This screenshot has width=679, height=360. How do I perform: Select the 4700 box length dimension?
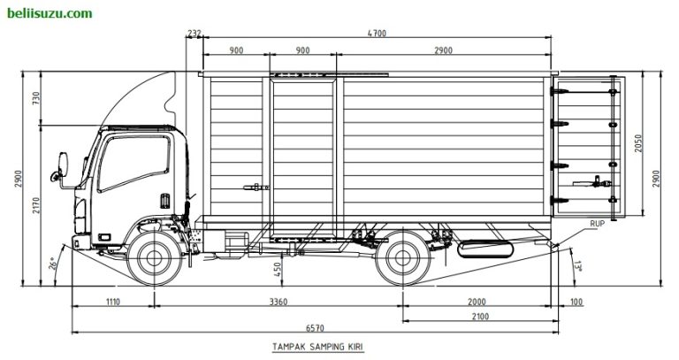pyautogui.click(x=378, y=34)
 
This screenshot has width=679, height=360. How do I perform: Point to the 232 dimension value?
pyautogui.click(x=195, y=34)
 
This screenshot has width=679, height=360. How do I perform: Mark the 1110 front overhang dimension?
pyautogui.click(x=111, y=302)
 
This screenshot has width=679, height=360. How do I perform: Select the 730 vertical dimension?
pyautogui.click(x=36, y=98)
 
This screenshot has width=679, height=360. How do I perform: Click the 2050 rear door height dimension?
pyautogui.click(x=638, y=145)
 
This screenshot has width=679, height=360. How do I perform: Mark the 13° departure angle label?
pyautogui.click(x=576, y=264)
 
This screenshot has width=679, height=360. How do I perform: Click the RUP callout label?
pyautogui.click(x=598, y=224)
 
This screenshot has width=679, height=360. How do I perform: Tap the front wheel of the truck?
pyautogui.click(x=155, y=258)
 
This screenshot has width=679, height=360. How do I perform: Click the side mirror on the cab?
pyautogui.click(x=63, y=167)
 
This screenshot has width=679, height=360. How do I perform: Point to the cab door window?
pyautogui.click(x=134, y=164)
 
